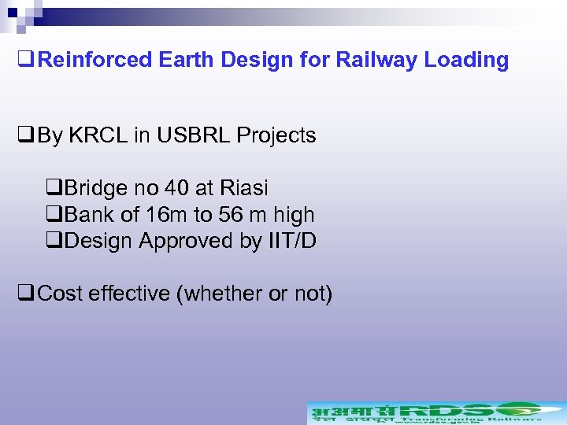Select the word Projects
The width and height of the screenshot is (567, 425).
276,135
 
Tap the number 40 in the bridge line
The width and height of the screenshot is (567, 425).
176,188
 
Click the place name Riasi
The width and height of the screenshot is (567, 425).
244,188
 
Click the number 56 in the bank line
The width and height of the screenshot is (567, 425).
233,215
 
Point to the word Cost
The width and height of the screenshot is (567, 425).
60,294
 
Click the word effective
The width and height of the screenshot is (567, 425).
128,294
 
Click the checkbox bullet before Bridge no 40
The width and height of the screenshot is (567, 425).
54,189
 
